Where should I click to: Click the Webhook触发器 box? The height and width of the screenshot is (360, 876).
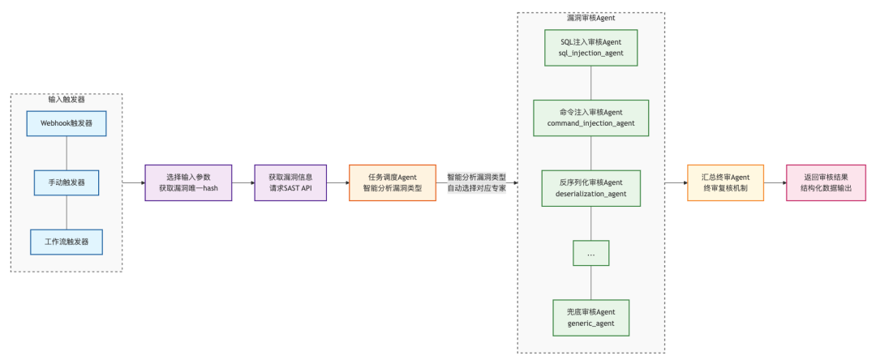[67, 123]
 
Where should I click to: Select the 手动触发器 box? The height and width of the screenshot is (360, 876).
[67, 182]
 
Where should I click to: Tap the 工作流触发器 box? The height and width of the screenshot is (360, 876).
[67, 241]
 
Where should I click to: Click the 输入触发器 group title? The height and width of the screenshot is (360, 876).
[67, 99]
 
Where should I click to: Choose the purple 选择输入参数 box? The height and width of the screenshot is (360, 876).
[187, 182]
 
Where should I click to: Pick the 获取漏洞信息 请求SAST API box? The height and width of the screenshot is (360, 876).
[290, 182]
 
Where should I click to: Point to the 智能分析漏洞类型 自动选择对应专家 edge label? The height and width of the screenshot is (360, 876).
[476, 182]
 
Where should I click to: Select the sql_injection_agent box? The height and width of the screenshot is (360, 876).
[590, 48]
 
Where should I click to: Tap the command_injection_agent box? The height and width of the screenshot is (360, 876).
[590, 118]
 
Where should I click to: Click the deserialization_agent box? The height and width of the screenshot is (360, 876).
[590, 188]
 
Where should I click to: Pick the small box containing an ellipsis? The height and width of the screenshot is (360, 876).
[590, 253]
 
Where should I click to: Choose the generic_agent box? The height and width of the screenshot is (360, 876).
[590, 317]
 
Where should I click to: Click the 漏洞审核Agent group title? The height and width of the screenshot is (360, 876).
[590, 17]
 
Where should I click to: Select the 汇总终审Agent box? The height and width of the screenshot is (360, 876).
[724, 182]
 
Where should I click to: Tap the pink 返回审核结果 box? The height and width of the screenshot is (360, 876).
[826, 182]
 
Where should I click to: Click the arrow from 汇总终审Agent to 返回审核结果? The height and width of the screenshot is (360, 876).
[775, 182]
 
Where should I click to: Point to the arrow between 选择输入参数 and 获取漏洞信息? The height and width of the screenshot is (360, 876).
[243, 182]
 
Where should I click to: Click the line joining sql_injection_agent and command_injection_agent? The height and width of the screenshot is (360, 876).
[590, 83]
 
